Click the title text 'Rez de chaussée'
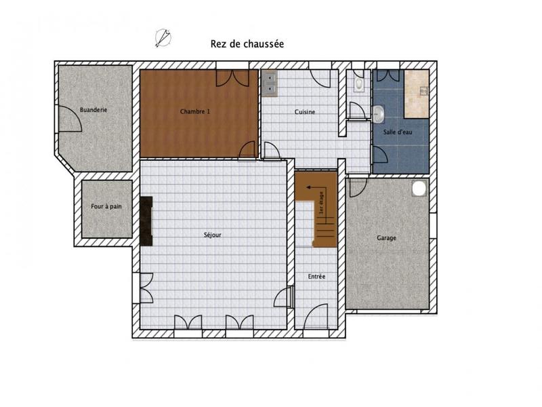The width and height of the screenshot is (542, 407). click(247, 43)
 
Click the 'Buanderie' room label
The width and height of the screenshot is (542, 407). click(93, 109)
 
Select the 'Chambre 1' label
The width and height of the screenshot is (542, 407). click(194, 111)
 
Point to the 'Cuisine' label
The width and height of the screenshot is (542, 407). click(305, 112)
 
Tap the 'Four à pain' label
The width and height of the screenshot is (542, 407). click(106, 206)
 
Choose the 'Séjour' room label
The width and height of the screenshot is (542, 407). click(213, 235)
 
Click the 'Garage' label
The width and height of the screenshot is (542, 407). click(386, 238)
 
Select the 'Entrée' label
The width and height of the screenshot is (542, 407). click(316, 277)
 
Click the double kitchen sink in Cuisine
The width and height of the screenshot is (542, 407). click(270, 82)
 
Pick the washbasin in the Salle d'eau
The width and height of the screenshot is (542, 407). click(379, 113)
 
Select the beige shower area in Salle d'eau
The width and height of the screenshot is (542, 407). click(416, 94)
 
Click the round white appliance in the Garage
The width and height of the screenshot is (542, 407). click(419, 187)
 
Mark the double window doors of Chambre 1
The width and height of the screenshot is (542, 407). click(227, 77)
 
